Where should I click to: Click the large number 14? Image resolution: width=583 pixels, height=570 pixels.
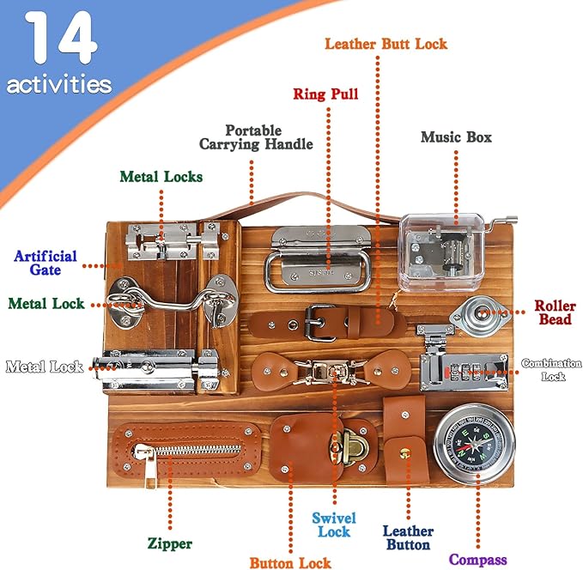tap(59, 40)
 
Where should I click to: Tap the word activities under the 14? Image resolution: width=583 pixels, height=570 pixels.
tap(58, 84)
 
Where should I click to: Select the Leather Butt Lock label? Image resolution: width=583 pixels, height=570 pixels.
tap(386, 43)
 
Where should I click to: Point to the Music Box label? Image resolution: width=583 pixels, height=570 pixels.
tap(455, 136)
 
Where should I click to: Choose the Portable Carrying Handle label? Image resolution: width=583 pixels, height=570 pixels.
tap(256, 137)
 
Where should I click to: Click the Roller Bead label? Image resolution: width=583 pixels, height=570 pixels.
tap(555, 312)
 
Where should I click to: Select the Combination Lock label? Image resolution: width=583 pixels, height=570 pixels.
tap(551, 369)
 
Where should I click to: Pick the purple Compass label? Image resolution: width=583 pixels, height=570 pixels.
tap(479, 560)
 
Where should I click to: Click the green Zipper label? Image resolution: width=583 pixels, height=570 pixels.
tap(169, 543)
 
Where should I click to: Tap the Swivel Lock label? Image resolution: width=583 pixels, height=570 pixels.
tap(334, 525)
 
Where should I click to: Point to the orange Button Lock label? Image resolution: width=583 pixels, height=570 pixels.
tap(290, 563)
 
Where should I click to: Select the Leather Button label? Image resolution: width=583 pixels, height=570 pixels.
tap(408, 538)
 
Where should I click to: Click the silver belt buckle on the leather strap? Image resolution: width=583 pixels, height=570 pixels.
tap(318, 323)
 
